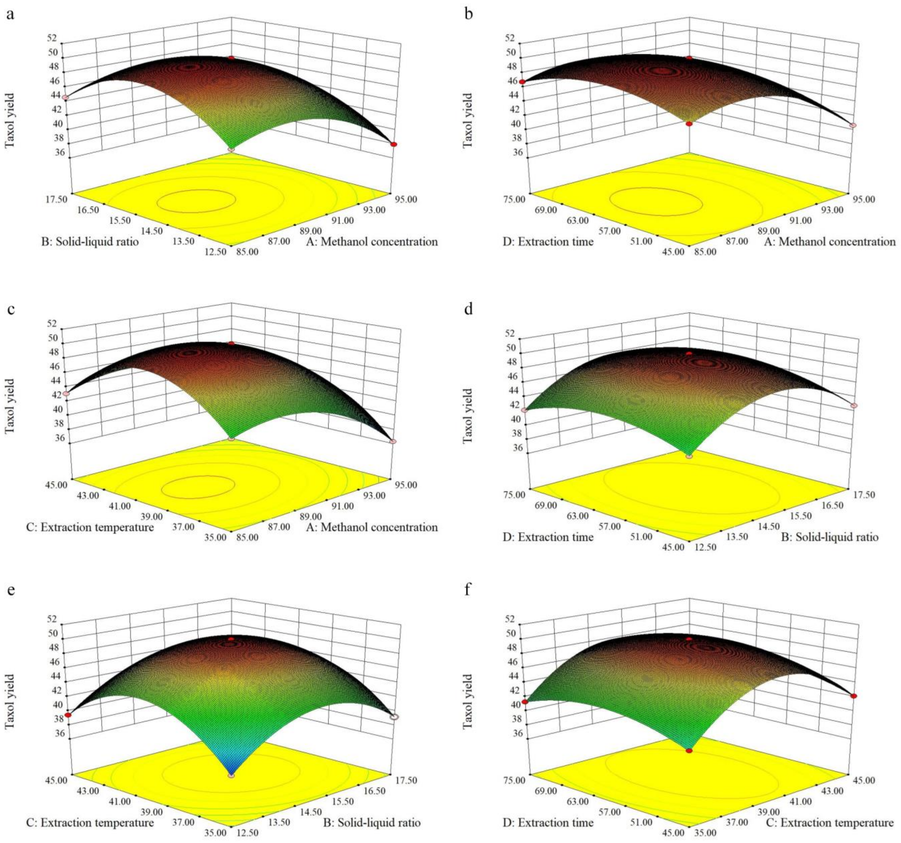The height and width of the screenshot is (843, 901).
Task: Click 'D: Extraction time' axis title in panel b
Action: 548,241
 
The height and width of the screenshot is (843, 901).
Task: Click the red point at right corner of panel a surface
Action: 393,144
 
